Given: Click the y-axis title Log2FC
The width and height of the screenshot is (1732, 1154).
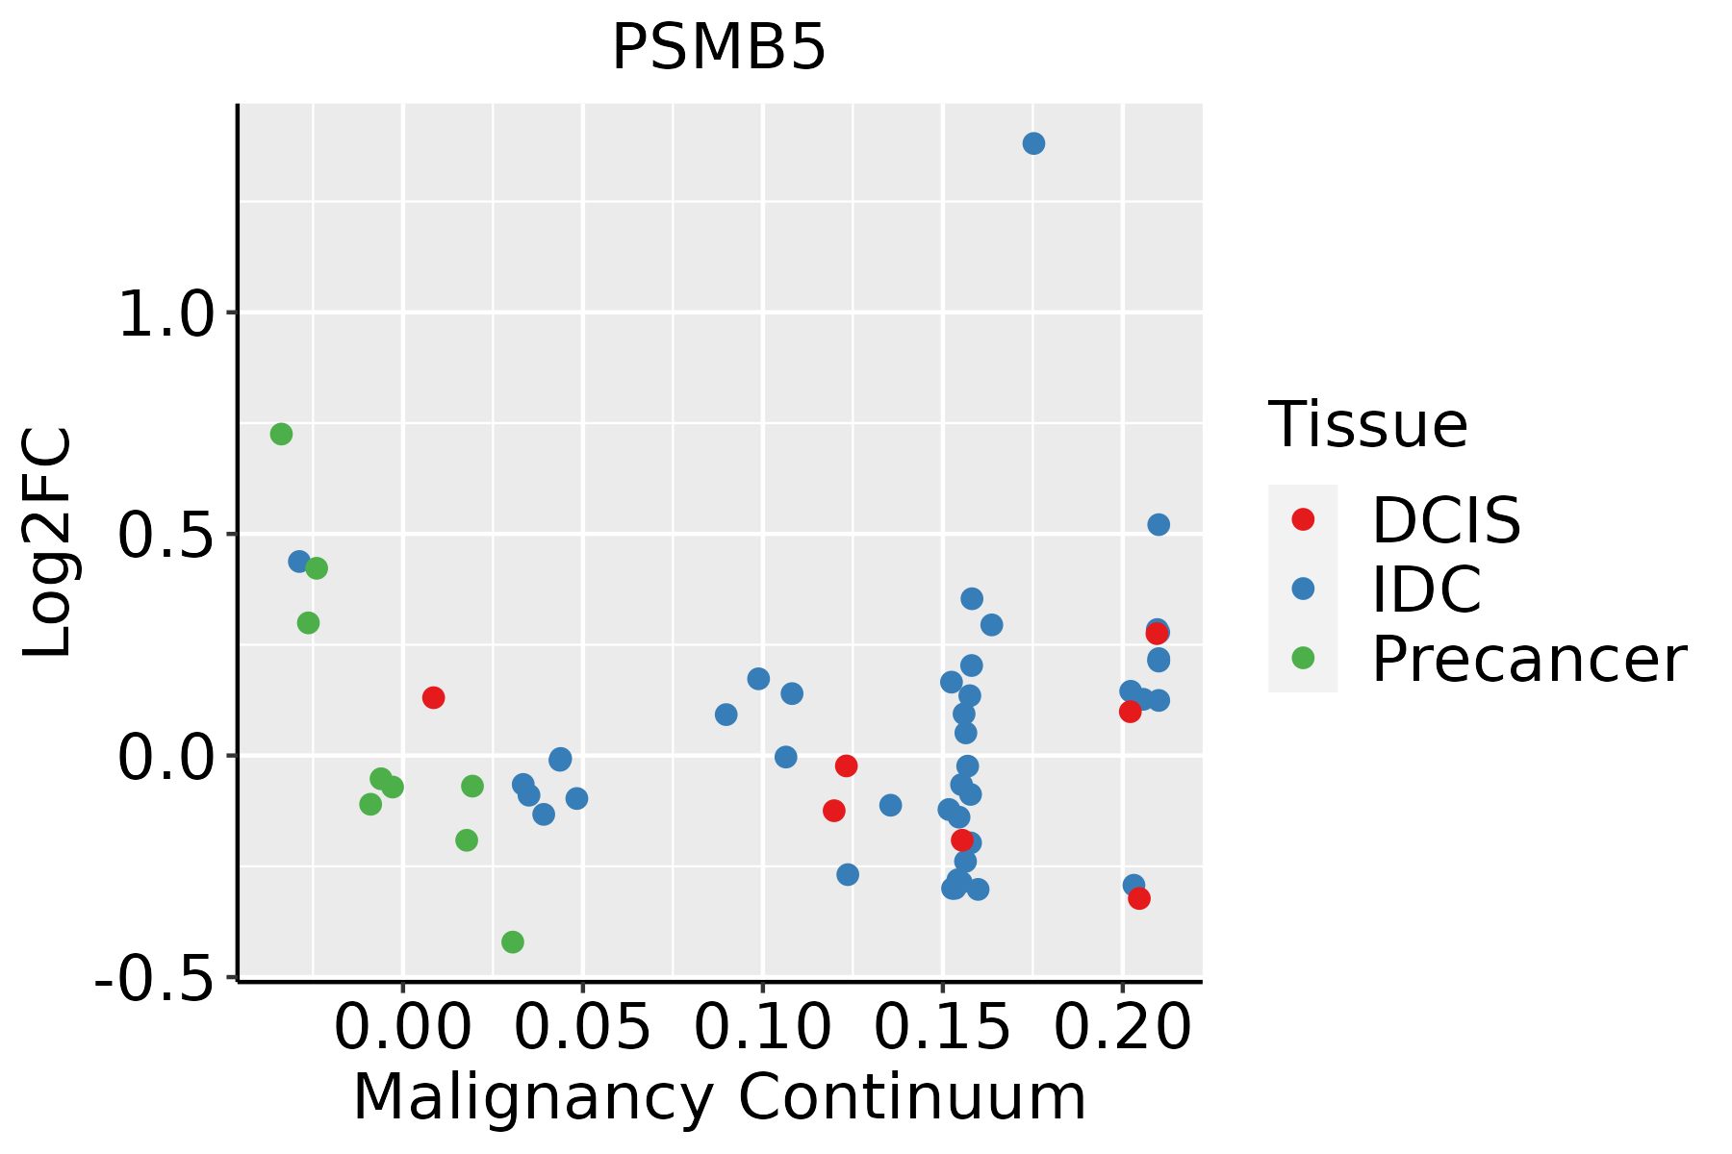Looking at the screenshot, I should [x=48, y=542].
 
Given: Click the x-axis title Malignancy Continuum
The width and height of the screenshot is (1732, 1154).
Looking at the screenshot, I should [x=719, y=1097].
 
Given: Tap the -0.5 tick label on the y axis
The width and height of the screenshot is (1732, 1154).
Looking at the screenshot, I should [x=153, y=979].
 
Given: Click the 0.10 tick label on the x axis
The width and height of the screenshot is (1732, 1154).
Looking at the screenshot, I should [x=761, y=1028].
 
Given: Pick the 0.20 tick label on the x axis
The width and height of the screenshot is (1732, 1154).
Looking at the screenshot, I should [x=1122, y=1028].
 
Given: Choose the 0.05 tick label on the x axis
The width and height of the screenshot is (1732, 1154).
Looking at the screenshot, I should [x=582, y=1028].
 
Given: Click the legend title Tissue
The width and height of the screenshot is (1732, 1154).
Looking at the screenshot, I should [x=1367, y=424].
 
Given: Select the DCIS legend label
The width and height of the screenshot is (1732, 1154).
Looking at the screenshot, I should [x=1445, y=520].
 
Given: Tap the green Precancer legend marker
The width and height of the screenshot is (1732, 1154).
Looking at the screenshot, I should [x=1303, y=658].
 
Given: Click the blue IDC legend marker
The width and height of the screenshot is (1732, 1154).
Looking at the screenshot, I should [x=1303, y=589].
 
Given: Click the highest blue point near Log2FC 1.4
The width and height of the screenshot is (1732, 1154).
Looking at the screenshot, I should [x=1033, y=143].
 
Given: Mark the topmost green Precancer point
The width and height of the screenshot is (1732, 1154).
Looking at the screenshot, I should [x=281, y=434].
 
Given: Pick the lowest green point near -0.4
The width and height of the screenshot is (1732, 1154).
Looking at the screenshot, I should [x=513, y=941].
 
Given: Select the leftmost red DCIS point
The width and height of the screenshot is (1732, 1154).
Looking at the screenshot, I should [x=433, y=697].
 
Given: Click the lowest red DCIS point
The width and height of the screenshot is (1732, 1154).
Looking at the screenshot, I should [x=1139, y=898].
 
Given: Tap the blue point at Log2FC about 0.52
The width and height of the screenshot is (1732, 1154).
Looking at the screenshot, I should [x=1159, y=524].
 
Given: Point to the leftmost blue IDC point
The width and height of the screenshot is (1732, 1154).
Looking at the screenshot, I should [x=299, y=561].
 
